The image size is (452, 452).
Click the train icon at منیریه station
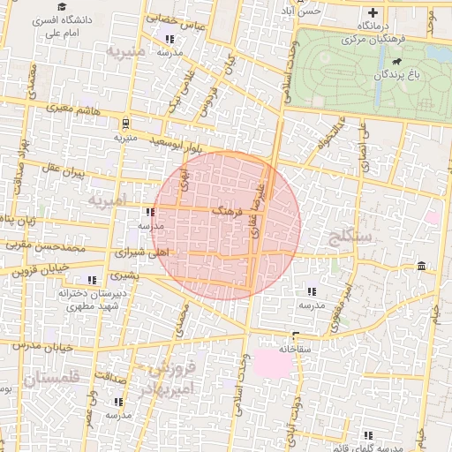point(125,123)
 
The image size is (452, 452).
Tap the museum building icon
point(422,266)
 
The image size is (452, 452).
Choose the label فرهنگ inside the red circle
point(230,212)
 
